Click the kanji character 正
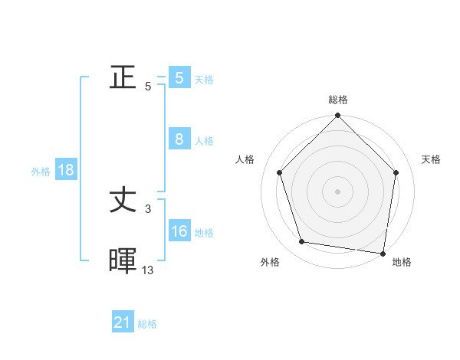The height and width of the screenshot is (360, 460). coord(123,78)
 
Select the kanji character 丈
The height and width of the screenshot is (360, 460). coord(123,201)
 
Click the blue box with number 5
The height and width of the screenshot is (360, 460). coord(179,78)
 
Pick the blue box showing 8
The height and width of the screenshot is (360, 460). coord(179,139)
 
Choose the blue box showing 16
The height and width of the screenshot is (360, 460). coord(179,231)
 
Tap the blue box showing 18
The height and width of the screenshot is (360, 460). coord(66,170)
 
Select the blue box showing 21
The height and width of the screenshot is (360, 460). coord(123,323)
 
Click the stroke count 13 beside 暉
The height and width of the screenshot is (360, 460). coord(148,270)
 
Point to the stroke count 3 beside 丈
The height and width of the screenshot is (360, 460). coord(148,208)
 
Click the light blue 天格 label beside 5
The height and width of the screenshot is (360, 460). coord(204,80)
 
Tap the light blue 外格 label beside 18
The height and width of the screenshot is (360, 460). coord(41,172)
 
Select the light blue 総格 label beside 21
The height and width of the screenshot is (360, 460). coord(147,324)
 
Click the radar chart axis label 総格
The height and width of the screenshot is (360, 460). coord(338,100)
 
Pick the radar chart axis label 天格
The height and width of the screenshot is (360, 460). coord(432,159)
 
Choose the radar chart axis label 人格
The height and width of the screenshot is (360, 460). coord(245,159)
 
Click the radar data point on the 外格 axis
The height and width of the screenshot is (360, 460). coord(302,242)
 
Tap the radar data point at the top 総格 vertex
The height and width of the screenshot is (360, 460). coord(338,116)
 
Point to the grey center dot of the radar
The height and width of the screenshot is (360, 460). coord(338,191)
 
